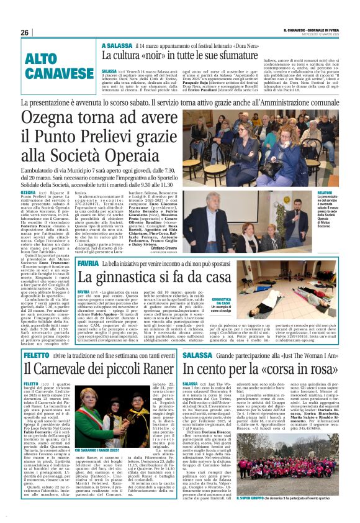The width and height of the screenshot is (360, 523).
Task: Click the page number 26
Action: [25, 33]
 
